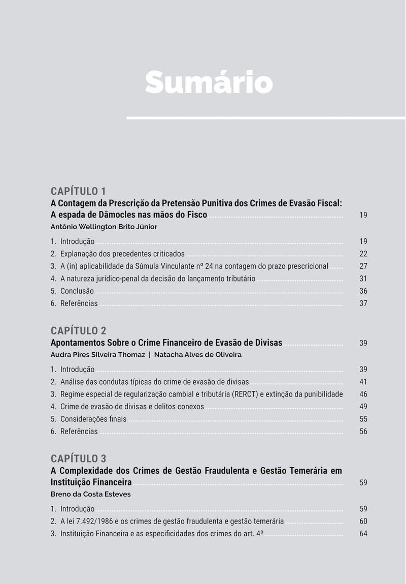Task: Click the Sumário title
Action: click(209, 82)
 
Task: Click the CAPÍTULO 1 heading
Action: click(78, 191)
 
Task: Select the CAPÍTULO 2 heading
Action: click(78, 331)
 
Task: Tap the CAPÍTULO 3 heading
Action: click(78, 458)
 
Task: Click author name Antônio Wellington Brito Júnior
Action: click(104, 227)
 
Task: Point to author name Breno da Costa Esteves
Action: click(90, 494)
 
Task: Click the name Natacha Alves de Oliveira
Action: click(197, 355)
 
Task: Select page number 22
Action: click(363, 254)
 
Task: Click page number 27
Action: click(363, 266)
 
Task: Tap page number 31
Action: click(363, 279)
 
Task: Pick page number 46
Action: click(363, 394)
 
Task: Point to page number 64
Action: click(363, 534)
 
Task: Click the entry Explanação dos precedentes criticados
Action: click(122, 254)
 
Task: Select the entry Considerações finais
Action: click(93, 419)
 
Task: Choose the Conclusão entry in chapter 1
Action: click(77, 291)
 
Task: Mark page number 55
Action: click(363, 419)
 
